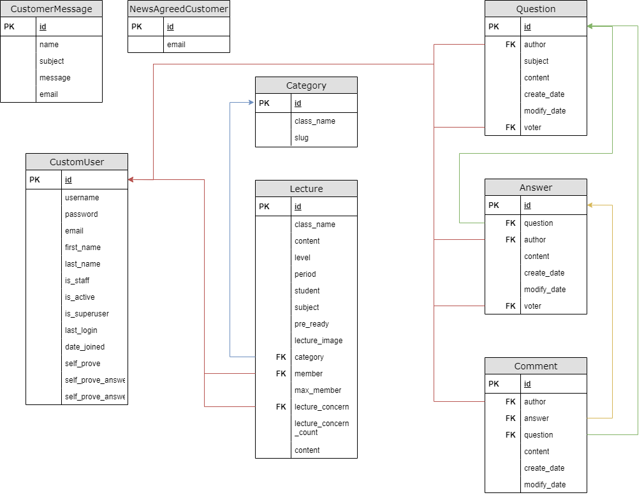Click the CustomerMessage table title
51,9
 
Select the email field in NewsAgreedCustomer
176,45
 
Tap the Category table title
306,85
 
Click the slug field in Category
301,138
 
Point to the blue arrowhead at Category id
250,103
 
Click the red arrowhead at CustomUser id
131,180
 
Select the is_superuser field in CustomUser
87,314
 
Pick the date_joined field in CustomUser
85,347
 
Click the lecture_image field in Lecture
318,341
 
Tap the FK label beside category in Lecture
281,357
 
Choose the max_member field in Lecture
318,390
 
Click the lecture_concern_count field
321,428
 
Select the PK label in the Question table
494,27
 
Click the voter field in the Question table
532,128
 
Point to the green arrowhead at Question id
590,26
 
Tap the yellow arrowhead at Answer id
590,205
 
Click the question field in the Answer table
538,223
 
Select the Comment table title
536,366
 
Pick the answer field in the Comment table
536,418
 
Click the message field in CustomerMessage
55,78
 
